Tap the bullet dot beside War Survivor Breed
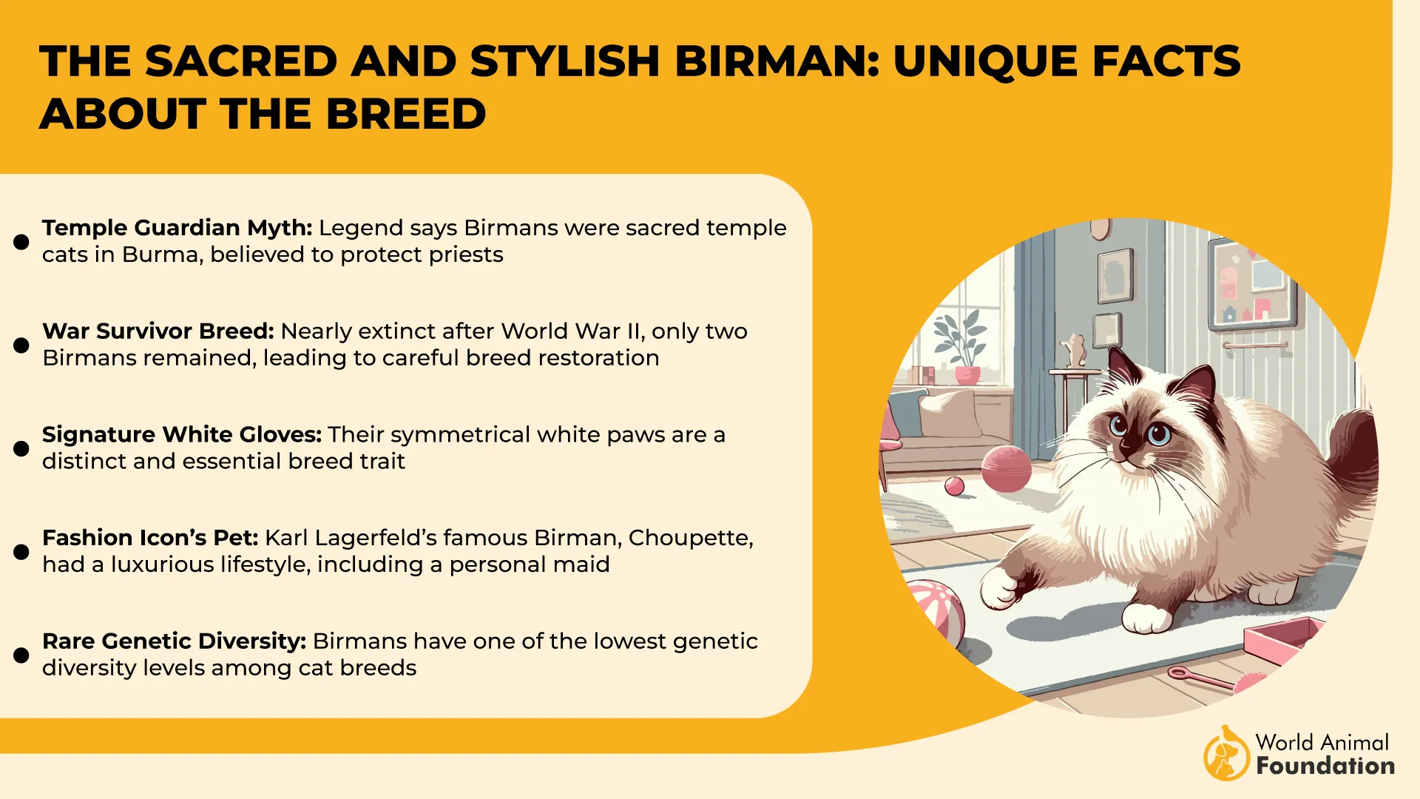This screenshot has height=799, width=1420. [21, 345]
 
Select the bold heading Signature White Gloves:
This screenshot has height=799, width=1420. [182, 434]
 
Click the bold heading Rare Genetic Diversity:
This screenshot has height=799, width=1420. [174, 641]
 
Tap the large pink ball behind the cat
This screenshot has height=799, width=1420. [1006, 469]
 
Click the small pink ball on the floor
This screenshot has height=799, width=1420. [955, 486]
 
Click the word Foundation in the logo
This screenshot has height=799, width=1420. [1325, 766]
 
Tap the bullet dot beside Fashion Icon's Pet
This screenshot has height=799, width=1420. [21, 552]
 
